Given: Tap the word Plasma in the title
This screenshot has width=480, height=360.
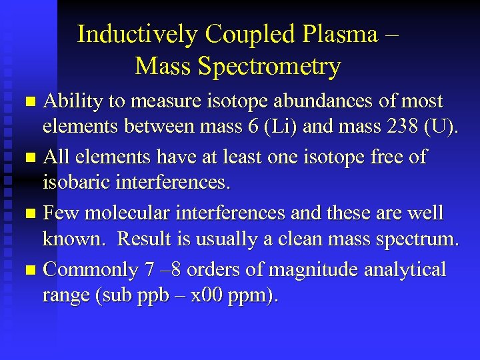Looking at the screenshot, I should point(337,33).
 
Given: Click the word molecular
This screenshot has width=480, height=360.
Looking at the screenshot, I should point(124,213).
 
